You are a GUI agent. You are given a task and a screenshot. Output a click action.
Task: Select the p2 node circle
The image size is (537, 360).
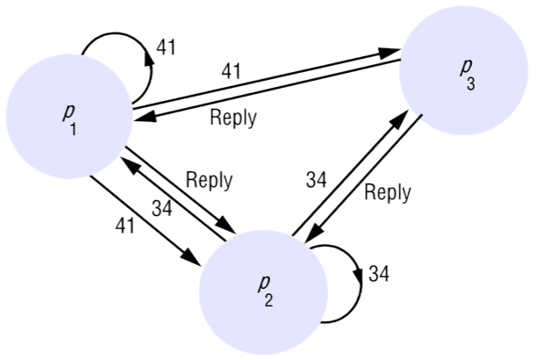coord(263,290)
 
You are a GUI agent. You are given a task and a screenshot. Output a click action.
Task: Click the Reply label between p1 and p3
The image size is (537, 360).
coord(233,117)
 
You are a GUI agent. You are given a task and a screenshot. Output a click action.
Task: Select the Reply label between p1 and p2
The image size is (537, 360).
coord(209,180)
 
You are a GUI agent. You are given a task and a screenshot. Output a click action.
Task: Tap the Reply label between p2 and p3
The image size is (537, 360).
coord(387,193)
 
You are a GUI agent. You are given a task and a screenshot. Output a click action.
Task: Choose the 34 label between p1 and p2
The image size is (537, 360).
coord(161,209)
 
